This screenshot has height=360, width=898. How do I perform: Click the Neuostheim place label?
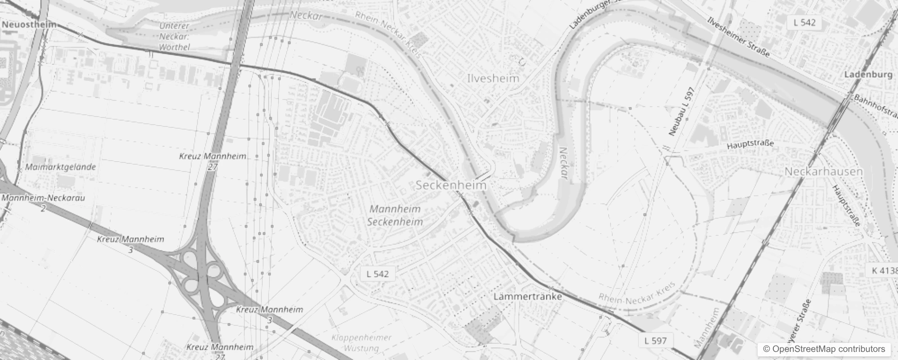(29, 24)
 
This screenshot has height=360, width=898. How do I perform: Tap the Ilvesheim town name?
(493, 78)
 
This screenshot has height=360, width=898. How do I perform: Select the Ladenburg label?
(868, 75)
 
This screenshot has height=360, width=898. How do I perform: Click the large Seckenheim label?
(451, 185)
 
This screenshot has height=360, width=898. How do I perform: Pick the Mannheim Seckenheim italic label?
(395, 215)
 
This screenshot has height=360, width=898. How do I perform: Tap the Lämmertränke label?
(528, 297)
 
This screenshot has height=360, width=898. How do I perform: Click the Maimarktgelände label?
(60, 167)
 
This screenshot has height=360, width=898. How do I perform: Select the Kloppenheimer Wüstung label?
(361, 343)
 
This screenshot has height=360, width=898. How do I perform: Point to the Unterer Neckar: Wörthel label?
(175, 36)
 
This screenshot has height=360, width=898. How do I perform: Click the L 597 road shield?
(656, 341)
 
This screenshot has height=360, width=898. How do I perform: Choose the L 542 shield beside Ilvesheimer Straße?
(804, 22)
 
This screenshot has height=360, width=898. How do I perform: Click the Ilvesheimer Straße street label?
(738, 37)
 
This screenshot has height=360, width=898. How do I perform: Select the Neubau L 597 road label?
(682, 111)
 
